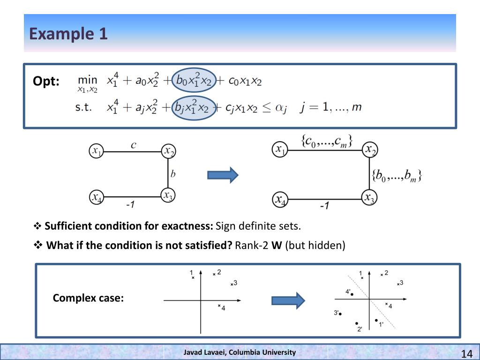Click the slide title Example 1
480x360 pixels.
pos(68,34)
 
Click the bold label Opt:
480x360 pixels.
pos(46,81)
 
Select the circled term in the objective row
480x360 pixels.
pos(194,81)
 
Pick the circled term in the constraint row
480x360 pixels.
pos(194,107)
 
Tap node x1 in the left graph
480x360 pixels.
pos(96,151)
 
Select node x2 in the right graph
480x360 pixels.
pos(370,150)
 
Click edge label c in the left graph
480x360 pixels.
pos(134,145)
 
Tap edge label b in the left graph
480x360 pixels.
pos(173,174)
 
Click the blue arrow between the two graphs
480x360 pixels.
pos(223,175)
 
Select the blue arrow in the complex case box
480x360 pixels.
pos(288,300)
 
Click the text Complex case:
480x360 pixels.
pos(88,298)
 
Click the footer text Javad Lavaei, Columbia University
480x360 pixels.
pos(240,352)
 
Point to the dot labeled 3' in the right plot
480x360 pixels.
pos(341,314)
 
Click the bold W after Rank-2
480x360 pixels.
pos(277,245)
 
